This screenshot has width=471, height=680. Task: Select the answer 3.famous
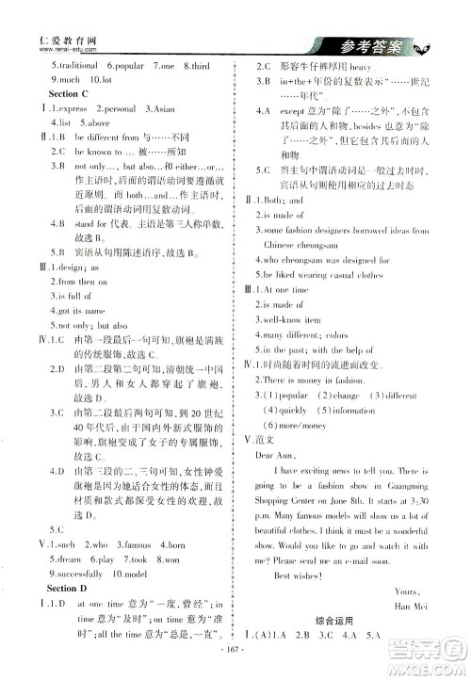[138, 543]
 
